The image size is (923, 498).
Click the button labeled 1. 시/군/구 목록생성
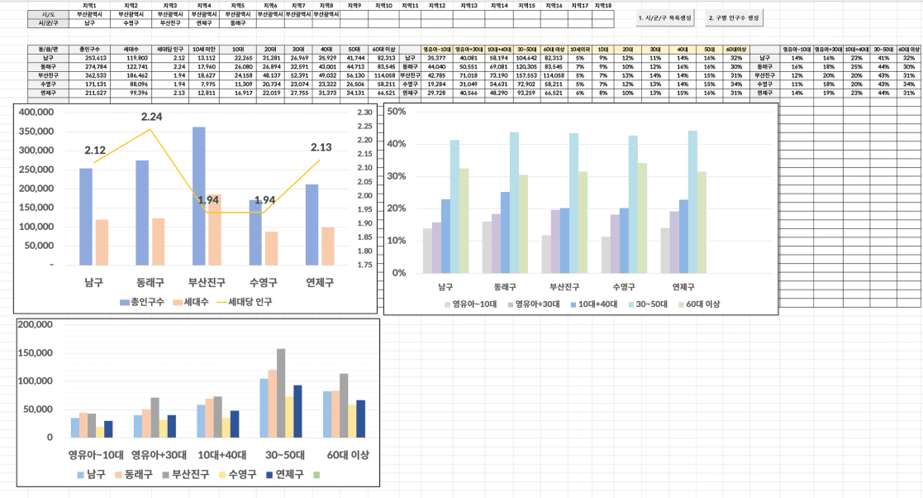click(x=666, y=17)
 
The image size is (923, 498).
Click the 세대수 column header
click(x=136, y=50)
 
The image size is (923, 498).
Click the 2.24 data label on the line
click(x=151, y=117)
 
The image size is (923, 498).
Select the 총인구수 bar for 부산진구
click(x=198, y=195)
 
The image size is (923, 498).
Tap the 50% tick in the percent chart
click(x=397, y=112)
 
